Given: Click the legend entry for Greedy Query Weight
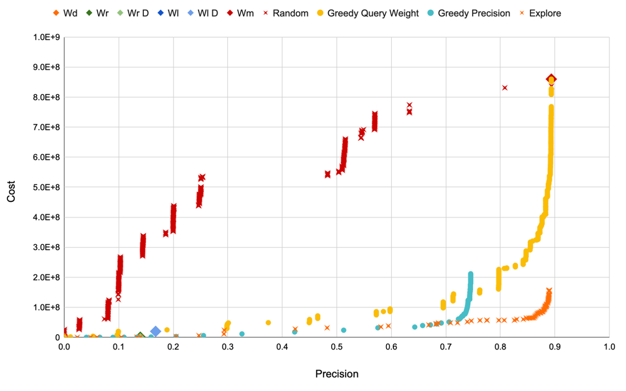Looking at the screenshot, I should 373,13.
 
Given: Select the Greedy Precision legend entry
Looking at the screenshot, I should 474,13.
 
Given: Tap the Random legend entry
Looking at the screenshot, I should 290,13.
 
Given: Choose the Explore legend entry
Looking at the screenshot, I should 544,13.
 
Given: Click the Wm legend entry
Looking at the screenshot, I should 245,13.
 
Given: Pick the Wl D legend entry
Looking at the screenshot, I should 207,13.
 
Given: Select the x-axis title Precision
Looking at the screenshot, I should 337,374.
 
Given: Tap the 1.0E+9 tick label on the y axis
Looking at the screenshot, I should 46,37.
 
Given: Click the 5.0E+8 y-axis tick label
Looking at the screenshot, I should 46,187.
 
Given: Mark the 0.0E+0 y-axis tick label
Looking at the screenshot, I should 46,337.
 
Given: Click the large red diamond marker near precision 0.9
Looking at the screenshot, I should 551,79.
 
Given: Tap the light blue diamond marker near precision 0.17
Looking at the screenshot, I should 156,331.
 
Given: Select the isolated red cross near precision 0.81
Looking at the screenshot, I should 504,88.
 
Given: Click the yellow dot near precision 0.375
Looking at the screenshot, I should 268,322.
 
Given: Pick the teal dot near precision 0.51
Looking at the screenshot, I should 344,330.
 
